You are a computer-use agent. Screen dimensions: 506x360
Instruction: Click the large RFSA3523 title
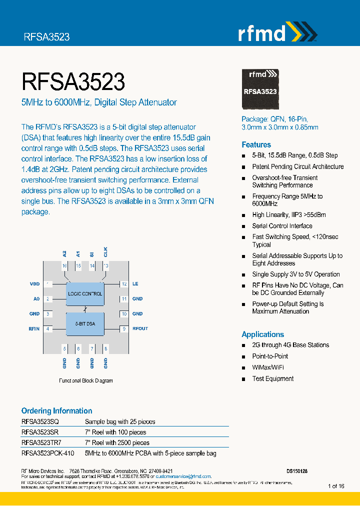73,81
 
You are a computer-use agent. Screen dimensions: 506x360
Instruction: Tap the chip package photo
260,88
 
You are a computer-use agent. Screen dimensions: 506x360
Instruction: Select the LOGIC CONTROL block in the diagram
85,293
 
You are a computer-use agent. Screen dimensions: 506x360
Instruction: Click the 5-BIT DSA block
85,323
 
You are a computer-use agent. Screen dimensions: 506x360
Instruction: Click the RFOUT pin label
140,329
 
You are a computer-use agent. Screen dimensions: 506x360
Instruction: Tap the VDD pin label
34,284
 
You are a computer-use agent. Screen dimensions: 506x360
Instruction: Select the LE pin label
135,284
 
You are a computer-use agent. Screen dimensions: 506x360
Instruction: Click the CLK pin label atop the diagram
105,252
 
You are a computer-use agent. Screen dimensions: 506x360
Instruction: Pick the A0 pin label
36,299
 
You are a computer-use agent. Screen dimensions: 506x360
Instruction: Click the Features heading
256,144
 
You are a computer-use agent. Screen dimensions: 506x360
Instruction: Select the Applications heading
262,334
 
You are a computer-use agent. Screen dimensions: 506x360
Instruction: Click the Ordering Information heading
56,410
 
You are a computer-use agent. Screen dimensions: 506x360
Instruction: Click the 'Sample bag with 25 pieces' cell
120,421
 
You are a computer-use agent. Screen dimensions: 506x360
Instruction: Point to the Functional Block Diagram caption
86,380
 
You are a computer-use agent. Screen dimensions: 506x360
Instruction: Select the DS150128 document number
297,471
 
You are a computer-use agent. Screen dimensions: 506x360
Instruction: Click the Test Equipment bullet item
272,378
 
